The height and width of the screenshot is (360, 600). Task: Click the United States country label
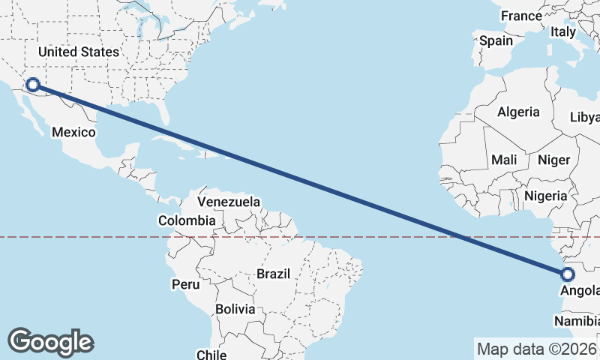79,52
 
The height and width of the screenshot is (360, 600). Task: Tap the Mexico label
73,132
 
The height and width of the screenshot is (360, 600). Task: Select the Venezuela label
229,202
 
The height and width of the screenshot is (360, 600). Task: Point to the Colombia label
187,220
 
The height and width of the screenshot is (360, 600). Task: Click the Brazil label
273,274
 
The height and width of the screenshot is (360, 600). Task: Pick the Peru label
186,284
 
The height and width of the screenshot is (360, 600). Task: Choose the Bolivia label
235,309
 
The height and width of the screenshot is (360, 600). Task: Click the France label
521,16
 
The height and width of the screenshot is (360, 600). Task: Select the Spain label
496,40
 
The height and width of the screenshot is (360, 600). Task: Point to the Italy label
562,31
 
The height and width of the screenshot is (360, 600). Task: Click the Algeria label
519,112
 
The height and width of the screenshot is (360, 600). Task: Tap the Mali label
504,160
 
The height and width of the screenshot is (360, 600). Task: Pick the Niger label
554,160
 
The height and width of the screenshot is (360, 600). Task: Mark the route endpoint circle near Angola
567,274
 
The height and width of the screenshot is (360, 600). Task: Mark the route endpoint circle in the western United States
32,85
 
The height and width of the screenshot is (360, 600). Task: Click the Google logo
50,342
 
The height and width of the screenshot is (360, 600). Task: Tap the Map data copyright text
537,349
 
